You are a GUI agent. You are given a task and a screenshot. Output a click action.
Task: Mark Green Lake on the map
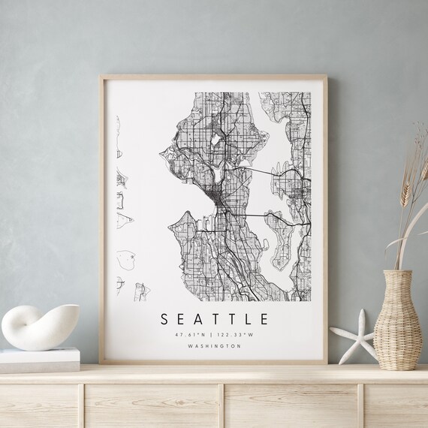click(x=215, y=139)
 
